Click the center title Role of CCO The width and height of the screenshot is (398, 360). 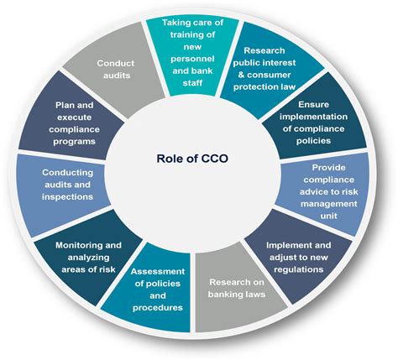pyautogui.click(x=192, y=159)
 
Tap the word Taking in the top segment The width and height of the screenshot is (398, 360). pyautogui.click(x=175, y=23)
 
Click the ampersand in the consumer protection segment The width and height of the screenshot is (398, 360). pyautogui.click(x=241, y=75)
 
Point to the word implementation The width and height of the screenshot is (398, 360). pyautogui.click(x=313, y=117)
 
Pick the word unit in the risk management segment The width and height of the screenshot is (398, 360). pyautogui.click(x=328, y=216)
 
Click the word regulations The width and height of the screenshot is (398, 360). pyautogui.click(x=299, y=269)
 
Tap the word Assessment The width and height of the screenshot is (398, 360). pyautogui.click(x=158, y=272)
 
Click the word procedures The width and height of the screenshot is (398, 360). pyautogui.click(x=158, y=308)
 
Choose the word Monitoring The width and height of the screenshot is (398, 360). pyautogui.click(x=75, y=246)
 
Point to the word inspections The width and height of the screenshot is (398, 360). pyautogui.click(x=67, y=197)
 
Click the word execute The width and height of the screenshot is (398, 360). pyautogui.click(x=75, y=117)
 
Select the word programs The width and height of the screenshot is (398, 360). pyautogui.click(x=75, y=142)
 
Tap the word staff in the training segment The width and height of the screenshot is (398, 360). pyautogui.click(x=192, y=83)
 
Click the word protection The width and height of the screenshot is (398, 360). pyautogui.click(x=254, y=87)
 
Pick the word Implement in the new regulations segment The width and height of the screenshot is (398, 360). pyautogui.click(x=285, y=246)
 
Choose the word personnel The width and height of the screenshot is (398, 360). pyautogui.click(x=192, y=59)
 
